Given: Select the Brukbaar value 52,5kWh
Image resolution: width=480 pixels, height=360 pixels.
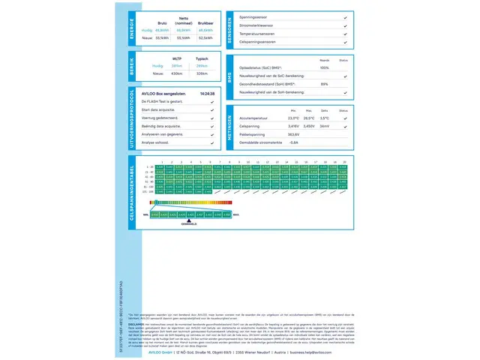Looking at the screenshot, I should (x=205, y=37).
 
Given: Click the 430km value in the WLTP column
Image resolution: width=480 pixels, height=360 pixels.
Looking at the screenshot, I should (x=177, y=73).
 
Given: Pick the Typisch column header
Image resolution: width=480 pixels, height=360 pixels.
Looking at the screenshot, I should (x=202, y=58).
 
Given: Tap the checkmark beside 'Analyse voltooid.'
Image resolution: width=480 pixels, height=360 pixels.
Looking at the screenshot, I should (x=216, y=142).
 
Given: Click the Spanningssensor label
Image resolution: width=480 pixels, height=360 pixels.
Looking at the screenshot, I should (x=254, y=16).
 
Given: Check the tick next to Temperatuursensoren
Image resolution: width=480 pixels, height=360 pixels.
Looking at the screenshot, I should (x=344, y=34).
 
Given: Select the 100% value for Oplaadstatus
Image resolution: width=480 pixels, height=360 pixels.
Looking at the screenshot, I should (x=324, y=68).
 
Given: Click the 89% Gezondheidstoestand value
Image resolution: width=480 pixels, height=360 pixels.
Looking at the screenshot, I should (x=324, y=84).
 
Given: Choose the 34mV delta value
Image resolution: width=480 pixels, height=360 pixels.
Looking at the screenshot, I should (x=324, y=126).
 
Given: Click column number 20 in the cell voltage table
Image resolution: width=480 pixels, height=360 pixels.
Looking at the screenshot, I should (x=344, y=162).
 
